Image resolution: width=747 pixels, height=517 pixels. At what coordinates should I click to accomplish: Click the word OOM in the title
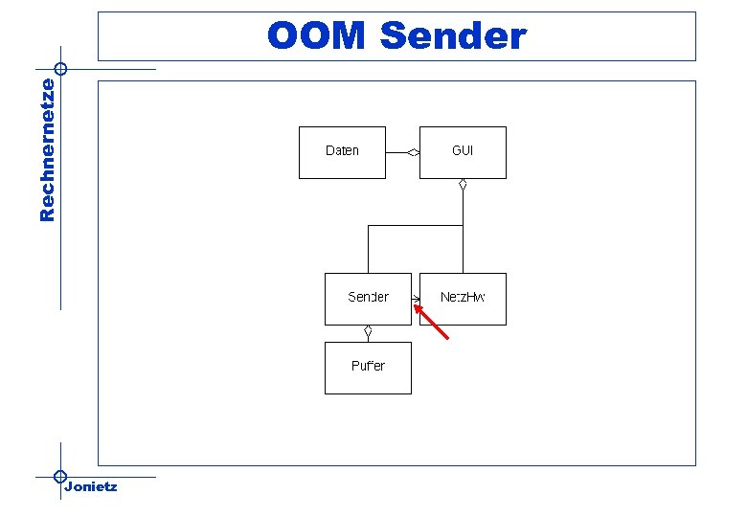pyautogui.click(x=316, y=36)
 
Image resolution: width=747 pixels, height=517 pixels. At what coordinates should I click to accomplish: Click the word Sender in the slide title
pyautogui.click(x=453, y=36)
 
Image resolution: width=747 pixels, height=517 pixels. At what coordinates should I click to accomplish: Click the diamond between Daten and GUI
pyautogui.click(x=413, y=152)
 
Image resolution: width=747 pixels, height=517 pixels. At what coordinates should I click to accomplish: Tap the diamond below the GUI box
pyautogui.click(x=463, y=185)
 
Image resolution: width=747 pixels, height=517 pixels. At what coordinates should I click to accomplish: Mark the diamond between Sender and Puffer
pyautogui.click(x=368, y=332)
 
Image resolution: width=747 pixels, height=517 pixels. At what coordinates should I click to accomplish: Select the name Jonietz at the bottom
pyautogui.click(x=91, y=487)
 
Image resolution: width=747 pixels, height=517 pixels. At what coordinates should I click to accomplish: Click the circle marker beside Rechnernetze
pyautogui.click(x=60, y=69)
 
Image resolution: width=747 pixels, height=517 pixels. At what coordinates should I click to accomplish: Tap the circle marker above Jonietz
pyautogui.click(x=60, y=476)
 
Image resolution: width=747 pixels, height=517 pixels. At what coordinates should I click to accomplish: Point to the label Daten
pyautogui.click(x=342, y=150)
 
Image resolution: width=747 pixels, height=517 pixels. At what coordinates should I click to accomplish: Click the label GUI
pyautogui.click(x=463, y=150)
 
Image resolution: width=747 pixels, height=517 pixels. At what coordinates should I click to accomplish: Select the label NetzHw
pyautogui.click(x=463, y=297)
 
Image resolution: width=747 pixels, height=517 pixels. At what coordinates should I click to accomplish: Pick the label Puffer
pyautogui.click(x=368, y=366)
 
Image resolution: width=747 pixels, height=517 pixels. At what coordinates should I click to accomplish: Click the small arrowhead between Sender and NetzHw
pyautogui.click(x=417, y=299)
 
